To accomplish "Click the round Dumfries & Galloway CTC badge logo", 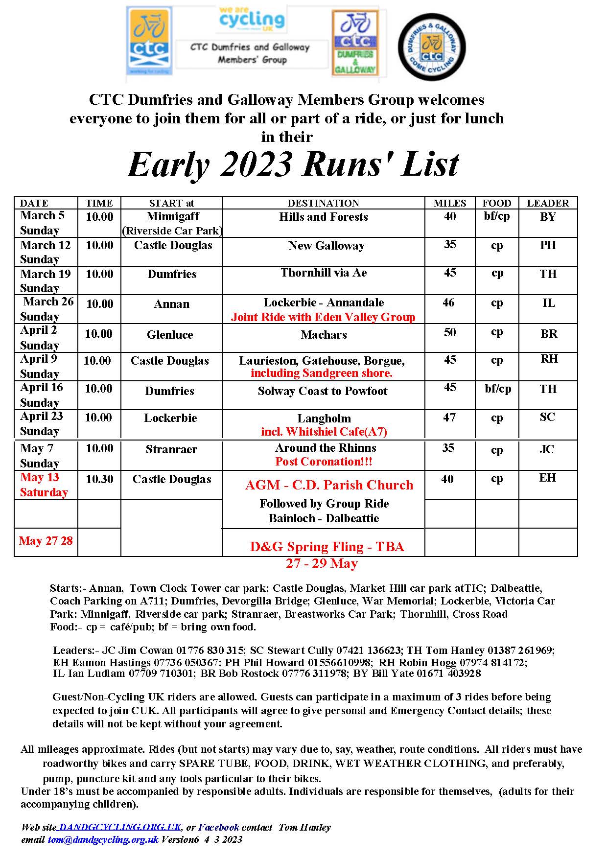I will [431, 47].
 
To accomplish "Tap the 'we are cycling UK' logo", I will [252, 20].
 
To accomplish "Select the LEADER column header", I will [547, 203].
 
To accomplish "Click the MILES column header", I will [449, 203].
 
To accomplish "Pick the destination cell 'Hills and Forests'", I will [323, 217].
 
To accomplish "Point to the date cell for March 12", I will [45, 252].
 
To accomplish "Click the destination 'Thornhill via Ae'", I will [323, 273].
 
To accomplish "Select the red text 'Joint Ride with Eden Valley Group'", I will [323, 317].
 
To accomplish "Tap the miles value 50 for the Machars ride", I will [449, 333].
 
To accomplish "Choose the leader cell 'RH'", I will [549, 359].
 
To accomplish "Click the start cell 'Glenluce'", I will [170, 335].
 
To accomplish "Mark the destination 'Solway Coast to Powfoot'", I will [322, 391].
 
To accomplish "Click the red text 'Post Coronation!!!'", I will [324, 462].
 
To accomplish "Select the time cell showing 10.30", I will [99, 479].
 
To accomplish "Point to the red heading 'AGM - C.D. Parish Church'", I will [329, 485].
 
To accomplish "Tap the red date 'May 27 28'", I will [46, 541].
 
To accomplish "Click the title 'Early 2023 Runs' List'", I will [293, 164].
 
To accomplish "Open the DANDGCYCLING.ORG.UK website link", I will [119, 827].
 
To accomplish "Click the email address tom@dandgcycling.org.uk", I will [103, 839].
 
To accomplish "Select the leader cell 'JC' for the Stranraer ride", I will [547, 449].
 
